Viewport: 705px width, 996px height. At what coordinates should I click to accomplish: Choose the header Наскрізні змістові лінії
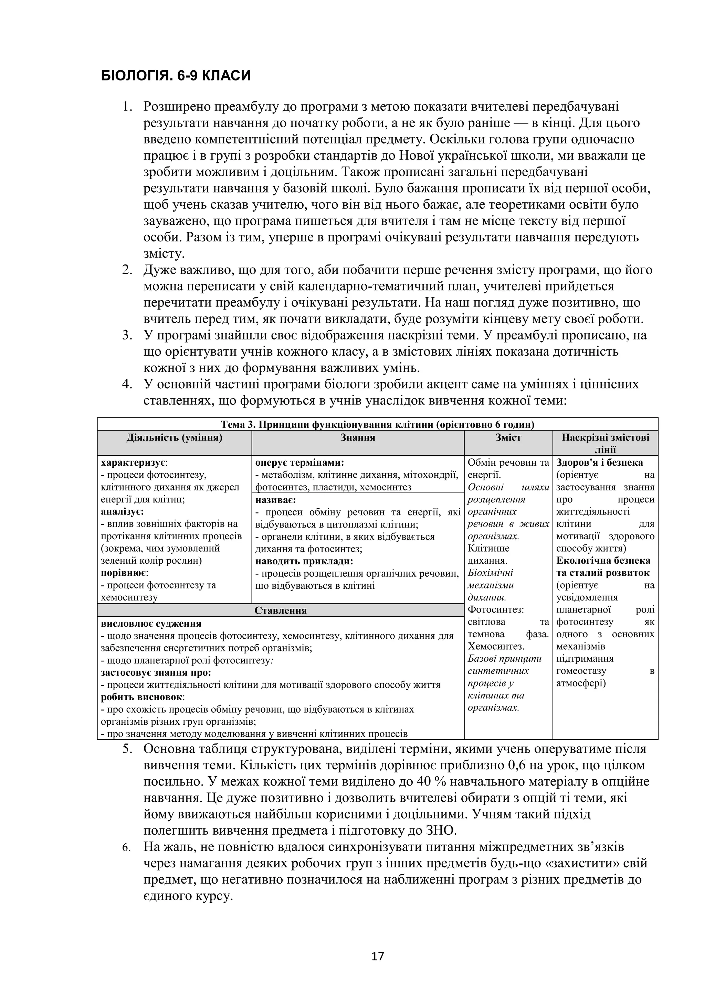tap(605, 443)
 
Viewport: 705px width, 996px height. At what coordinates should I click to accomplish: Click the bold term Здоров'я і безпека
tap(600, 463)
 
